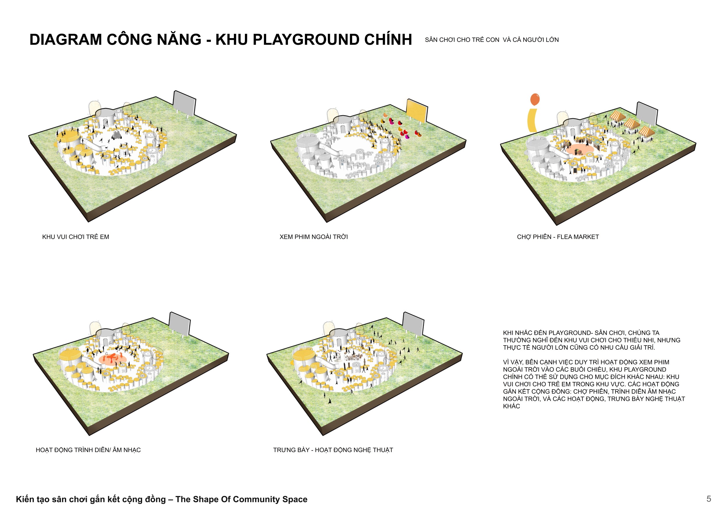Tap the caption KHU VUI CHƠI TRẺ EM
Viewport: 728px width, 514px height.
(75, 237)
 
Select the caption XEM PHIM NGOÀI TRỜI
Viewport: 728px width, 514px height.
(314, 237)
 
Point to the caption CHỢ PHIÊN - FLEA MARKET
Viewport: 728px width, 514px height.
(558, 237)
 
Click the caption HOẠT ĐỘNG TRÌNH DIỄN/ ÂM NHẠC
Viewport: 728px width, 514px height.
(88, 450)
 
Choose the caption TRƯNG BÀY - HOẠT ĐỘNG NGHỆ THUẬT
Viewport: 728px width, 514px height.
(333, 450)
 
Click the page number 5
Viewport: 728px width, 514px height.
(709, 499)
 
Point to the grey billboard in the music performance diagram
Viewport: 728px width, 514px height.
(179, 324)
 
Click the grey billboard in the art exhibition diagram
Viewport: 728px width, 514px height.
(413, 324)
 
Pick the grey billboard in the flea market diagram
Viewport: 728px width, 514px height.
(647, 114)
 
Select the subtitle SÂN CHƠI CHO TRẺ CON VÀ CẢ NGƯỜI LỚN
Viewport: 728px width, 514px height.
(492, 40)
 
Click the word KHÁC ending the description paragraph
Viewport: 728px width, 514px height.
(511, 406)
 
